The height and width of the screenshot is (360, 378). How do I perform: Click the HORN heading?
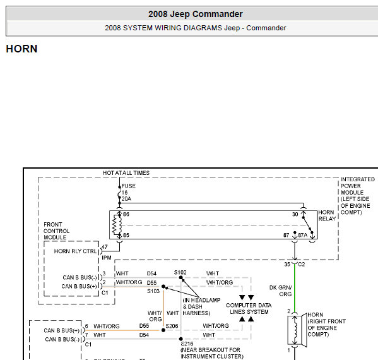pyautogui.click(x=21, y=49)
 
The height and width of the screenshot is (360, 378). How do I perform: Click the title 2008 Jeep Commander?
pyautogui.click(x=195, y=14)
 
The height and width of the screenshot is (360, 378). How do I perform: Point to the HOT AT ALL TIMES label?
pyautogui.click(x=126, y=173)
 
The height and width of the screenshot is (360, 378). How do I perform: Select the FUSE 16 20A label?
pyautogui.click(x=128, y=192)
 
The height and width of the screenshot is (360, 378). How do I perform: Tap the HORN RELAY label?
pyautogui.click(x=327, y=215)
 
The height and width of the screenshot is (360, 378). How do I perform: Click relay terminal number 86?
pyautogui.click(x=126, y=214)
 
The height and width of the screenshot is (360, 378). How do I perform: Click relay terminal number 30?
pyautogui.click(x=295, y=214)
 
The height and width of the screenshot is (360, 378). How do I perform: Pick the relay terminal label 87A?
pyautogui.click(x=302, y=235)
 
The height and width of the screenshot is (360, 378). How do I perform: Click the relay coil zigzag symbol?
pyautogui.click(x=117, y=225)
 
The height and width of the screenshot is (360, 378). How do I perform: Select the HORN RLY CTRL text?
pyautogui.click(x=75, y=251)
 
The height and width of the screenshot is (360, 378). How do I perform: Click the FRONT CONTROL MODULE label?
pyautogui.click(x=56, y=231)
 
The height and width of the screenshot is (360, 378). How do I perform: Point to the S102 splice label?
pyautogui.click(x=180, y=272)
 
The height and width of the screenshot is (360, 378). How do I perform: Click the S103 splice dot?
pyautogui.click(x=163, y=286)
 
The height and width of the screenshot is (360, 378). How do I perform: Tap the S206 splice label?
pyautogui.click(x=172, y=327)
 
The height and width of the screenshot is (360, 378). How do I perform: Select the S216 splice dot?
pyautogui.click(x=181, y=339)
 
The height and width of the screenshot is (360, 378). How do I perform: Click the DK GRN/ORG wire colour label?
pyautogui.click(x=280, y=291)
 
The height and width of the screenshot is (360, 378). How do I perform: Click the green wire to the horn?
pyautogui.click(x=295, y=287)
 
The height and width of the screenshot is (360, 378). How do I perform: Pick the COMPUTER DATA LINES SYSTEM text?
pyautogui.click(x=249, y=309)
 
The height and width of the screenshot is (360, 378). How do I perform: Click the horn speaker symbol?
pyautogui.click(x=297, y=330)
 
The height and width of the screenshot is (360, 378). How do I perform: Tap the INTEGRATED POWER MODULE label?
pyautogui.click(x=358, y=196)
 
